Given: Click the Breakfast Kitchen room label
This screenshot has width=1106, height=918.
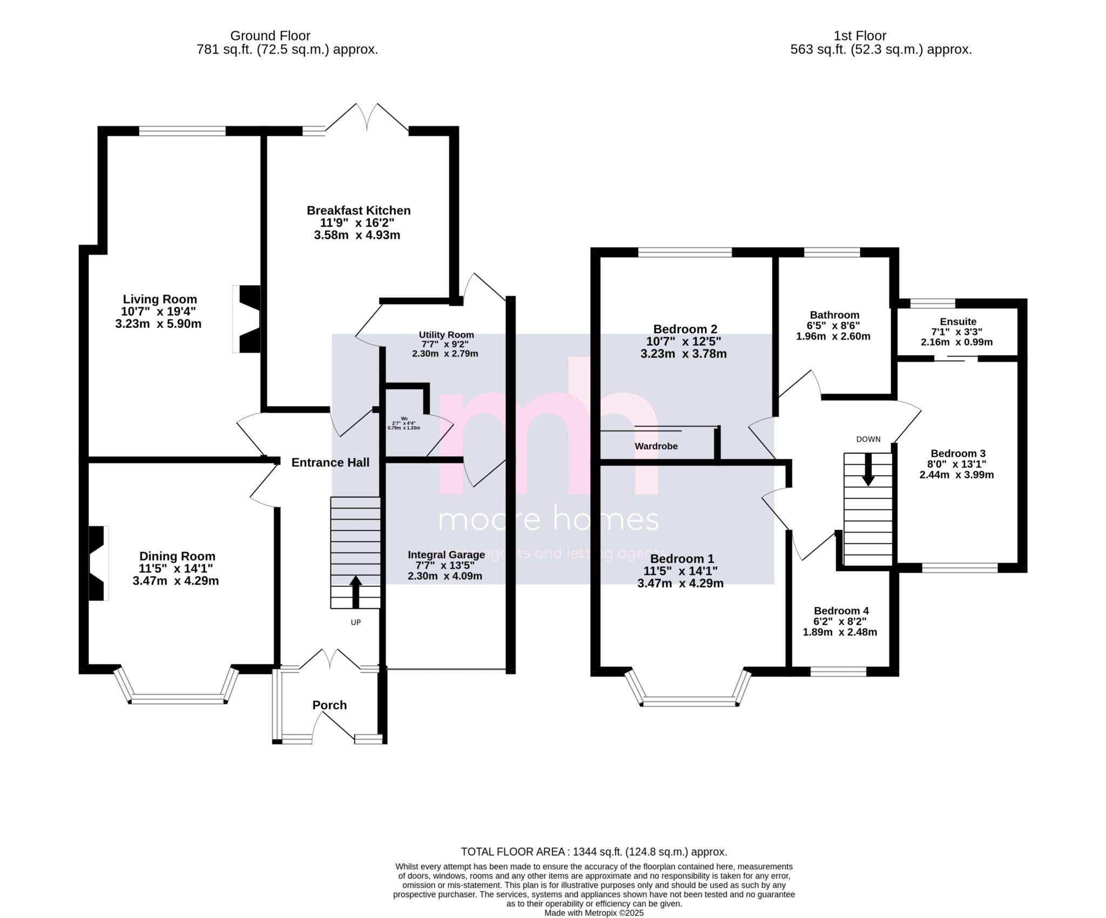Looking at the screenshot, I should (x=359, y=211).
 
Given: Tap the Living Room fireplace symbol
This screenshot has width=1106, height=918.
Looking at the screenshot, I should (x=248, y=319).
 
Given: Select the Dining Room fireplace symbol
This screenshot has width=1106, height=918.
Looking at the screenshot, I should (x=98, y=563).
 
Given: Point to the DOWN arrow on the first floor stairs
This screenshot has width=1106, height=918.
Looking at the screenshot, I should (x=868, y=469).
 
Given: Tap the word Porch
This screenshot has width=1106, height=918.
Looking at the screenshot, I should (x=329, y=705).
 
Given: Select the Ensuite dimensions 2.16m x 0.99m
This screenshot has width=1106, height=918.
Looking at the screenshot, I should (x=956, y=342).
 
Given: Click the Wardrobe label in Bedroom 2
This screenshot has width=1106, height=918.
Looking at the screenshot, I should (x=656, y=446).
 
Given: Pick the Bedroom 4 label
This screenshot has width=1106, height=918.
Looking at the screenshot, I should (x=841, y=611).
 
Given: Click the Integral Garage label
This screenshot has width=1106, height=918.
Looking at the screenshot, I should (x=446, y=555).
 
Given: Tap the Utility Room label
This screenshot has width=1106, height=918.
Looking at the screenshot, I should (x=446, y=335).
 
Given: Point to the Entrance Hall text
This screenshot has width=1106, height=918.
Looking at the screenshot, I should (x=331, y=462).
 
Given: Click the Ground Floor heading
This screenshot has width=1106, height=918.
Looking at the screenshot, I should (x=270, y=36).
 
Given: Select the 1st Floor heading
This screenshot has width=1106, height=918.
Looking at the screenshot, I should (x=860, y=36).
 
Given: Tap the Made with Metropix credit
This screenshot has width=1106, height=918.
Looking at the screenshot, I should (x=594, y=913).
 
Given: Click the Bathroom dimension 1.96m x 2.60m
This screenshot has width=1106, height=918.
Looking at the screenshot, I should (x=833, y=336).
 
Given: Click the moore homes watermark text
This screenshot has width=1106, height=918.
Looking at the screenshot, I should (x=548, y=519).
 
